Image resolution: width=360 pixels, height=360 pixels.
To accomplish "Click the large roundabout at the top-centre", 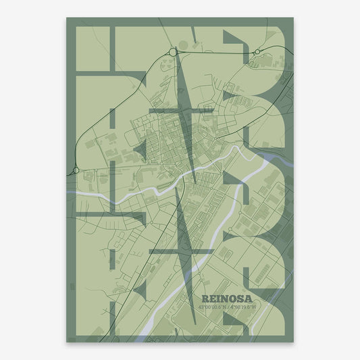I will (x=173, y=51).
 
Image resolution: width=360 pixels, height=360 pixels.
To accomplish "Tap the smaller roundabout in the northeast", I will (x=257, y=51).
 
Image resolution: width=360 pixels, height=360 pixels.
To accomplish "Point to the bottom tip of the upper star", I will (x=195, y=184).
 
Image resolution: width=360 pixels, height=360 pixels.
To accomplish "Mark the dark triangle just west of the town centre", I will (x=140, y=149).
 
